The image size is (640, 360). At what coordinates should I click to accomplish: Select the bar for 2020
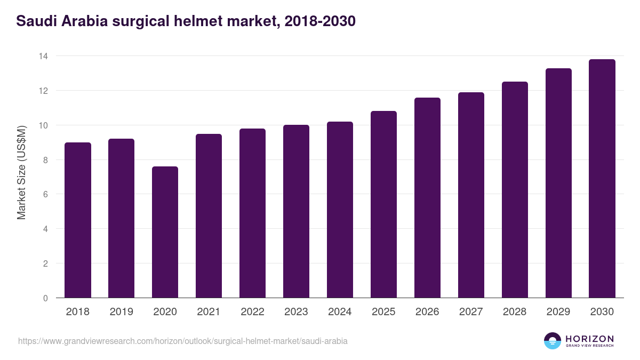(x=165, y=232)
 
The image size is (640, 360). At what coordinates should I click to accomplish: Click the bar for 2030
(x=602, y=179)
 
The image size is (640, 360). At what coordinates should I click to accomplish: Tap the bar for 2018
(x=78, y=220)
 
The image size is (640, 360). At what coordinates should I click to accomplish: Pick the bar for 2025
(x=383, y=204)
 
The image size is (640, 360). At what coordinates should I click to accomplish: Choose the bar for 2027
(x=471, y=195)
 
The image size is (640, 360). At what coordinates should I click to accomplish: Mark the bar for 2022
(x=252, y=213)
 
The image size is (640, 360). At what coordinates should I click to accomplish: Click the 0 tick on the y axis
(x=46, y=298)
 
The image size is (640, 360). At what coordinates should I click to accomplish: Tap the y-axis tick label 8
(x=46, y=160)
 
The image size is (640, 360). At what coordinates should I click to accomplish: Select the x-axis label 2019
(x=121, y=312)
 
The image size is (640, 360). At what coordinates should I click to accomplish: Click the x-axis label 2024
(x=340, y=312)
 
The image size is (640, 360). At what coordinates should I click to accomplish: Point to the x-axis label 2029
(x=558, y=312)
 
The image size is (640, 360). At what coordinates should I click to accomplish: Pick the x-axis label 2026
(x=427, y=312)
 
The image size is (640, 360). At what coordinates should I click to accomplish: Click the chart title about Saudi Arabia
(x=186, y=21)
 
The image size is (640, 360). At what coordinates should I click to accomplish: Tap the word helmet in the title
(x=200, y=21)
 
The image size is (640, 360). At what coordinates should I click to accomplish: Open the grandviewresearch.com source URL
(x=183, y=341)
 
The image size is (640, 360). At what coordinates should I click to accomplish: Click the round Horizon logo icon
(x=553, y=341)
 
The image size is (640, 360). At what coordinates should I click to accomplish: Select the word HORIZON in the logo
(x=589, y=338)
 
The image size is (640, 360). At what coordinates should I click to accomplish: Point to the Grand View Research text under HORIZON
(x=589, y=346)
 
